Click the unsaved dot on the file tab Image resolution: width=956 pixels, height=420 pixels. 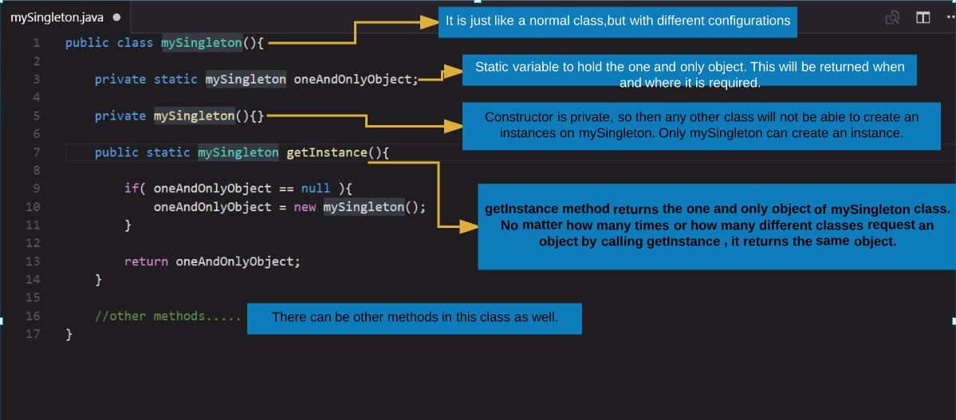click(117, 17)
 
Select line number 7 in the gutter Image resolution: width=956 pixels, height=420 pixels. click(36, 152)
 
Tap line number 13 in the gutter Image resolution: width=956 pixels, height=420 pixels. click(33, 261)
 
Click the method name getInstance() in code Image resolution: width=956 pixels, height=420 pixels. click(327, 152)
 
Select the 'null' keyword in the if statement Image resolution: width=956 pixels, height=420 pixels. click(316, 189)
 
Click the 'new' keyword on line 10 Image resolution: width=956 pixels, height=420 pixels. click(304, 207)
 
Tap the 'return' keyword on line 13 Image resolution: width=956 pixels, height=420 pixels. click(146, 261)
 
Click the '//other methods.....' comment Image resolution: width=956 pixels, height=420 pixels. click(167, 316)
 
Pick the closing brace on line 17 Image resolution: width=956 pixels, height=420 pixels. click(69, 335)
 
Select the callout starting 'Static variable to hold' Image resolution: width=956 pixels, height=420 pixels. click(690, 73)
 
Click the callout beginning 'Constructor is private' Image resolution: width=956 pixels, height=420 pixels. click(702, 125)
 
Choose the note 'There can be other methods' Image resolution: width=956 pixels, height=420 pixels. click(415, 317)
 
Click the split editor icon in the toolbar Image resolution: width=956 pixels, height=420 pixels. click(923, 18)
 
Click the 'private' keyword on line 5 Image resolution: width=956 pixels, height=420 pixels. click(120, 116)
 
